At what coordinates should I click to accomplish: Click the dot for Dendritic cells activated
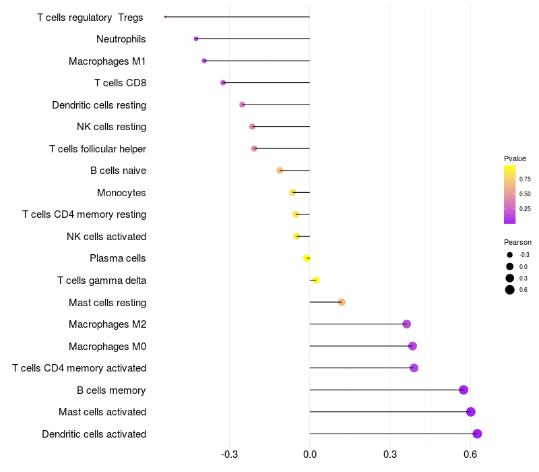tap(477, 434)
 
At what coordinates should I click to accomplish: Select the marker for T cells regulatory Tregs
tap(165, 17)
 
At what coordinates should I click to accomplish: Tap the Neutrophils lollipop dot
tap(196, 39)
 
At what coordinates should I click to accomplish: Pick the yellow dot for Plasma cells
tap(307, 258)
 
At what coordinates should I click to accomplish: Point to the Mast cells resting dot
tap(342, 302)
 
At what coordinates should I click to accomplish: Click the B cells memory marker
tap(464, 390)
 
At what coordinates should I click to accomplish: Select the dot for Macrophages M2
tap(406, 324)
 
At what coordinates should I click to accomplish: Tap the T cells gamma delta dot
tap(316, 280)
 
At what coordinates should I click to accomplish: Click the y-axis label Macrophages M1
tap(107, 61)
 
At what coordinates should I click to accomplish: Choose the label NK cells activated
tap(106, 237)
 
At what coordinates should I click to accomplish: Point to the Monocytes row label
tap(121, 193)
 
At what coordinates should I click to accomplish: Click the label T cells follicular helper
tap(98, 149)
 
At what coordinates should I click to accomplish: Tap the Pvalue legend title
tap(515, 158)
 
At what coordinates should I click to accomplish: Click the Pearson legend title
tap(517, 242)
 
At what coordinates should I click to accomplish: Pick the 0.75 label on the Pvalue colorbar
tap(525, 179)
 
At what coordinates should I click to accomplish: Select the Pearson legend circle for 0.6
tap(510, 290)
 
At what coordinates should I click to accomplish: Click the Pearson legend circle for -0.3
tap(510, 255)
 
